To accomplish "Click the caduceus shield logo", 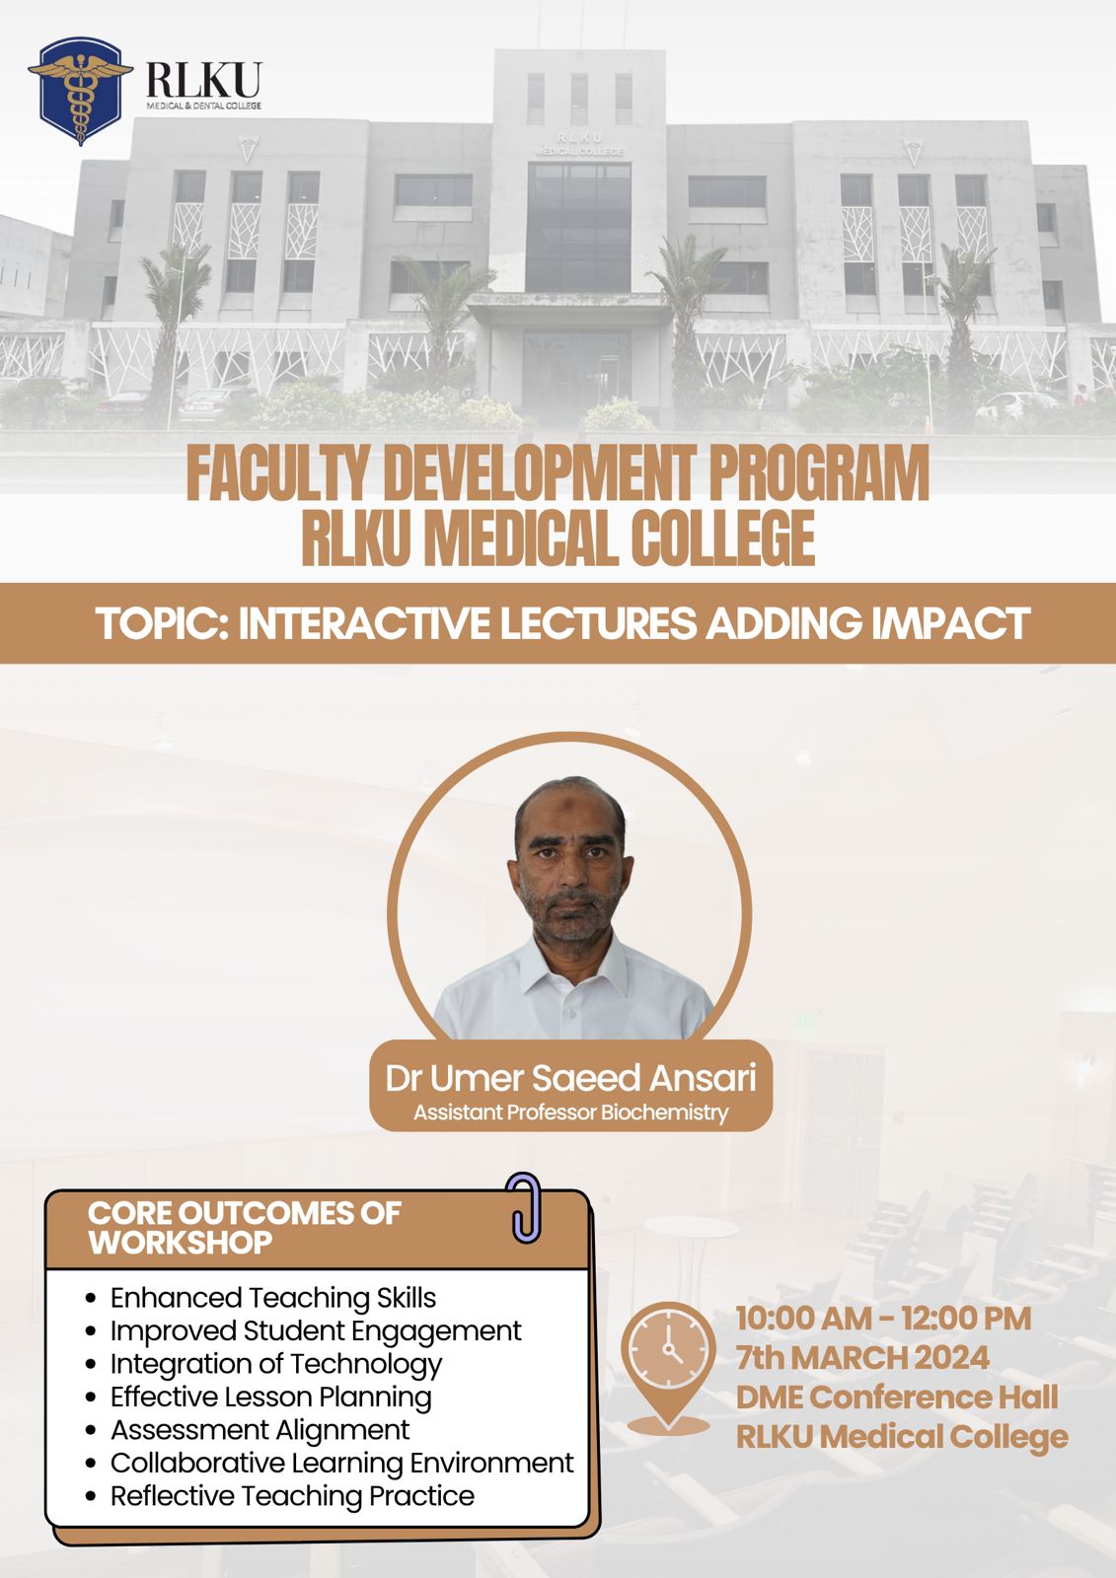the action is [80, 91].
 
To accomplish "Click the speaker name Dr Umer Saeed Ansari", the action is [570, 1079].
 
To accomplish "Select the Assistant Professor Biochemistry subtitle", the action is [570, 1113].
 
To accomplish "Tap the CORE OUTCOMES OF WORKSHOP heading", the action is [244, 1228].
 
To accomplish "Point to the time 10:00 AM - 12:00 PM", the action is [883, 1319].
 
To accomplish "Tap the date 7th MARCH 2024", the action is [862, 1358].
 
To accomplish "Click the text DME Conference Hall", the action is [897, 1398].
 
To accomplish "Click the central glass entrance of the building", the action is [578, 228].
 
